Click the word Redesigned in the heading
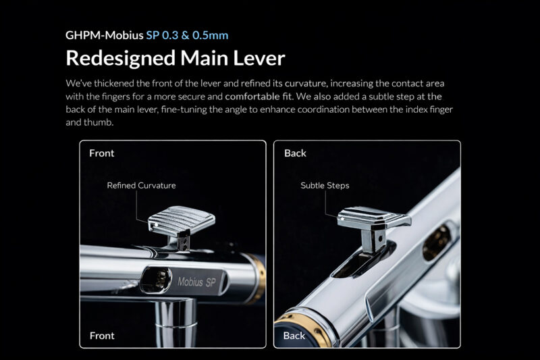coord(121,59)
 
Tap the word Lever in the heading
coord(259,58)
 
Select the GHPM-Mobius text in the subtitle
coord(105,35)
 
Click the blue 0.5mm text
coord(210,35)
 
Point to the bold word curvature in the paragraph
coord(305,83)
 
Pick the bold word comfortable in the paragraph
coord(252,97)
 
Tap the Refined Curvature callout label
coord(141,185)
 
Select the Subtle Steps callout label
coord(325,186)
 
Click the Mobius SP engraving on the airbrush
coord(196,282)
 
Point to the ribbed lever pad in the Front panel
coord(182,220)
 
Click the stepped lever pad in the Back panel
coord(374,218)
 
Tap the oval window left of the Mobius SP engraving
coord(157,280)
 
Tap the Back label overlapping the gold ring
coord(294,336)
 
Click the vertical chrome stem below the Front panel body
coord(176,323)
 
